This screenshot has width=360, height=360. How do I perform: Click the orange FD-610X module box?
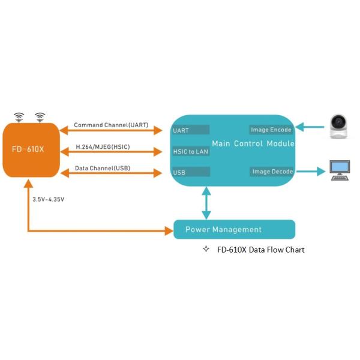click(x=30, y=149)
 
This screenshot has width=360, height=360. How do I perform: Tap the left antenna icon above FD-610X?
click(x=19, y=116)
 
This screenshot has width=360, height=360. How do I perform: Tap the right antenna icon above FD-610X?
click(x=41, y=116)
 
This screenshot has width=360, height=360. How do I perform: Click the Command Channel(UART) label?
click(x=111, y=125)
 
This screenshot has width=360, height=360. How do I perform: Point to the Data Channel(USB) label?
click(x=102, y=167)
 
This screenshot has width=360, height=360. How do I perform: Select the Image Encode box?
click(x=271, y=130)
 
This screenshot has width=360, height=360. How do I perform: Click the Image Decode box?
click(x=271, y=172)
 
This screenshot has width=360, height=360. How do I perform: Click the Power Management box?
click(x=234, y=229)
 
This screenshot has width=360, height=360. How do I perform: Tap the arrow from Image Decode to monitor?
click(x=310, y=172)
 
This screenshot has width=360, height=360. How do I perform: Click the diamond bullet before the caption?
click(x=206, y=249)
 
